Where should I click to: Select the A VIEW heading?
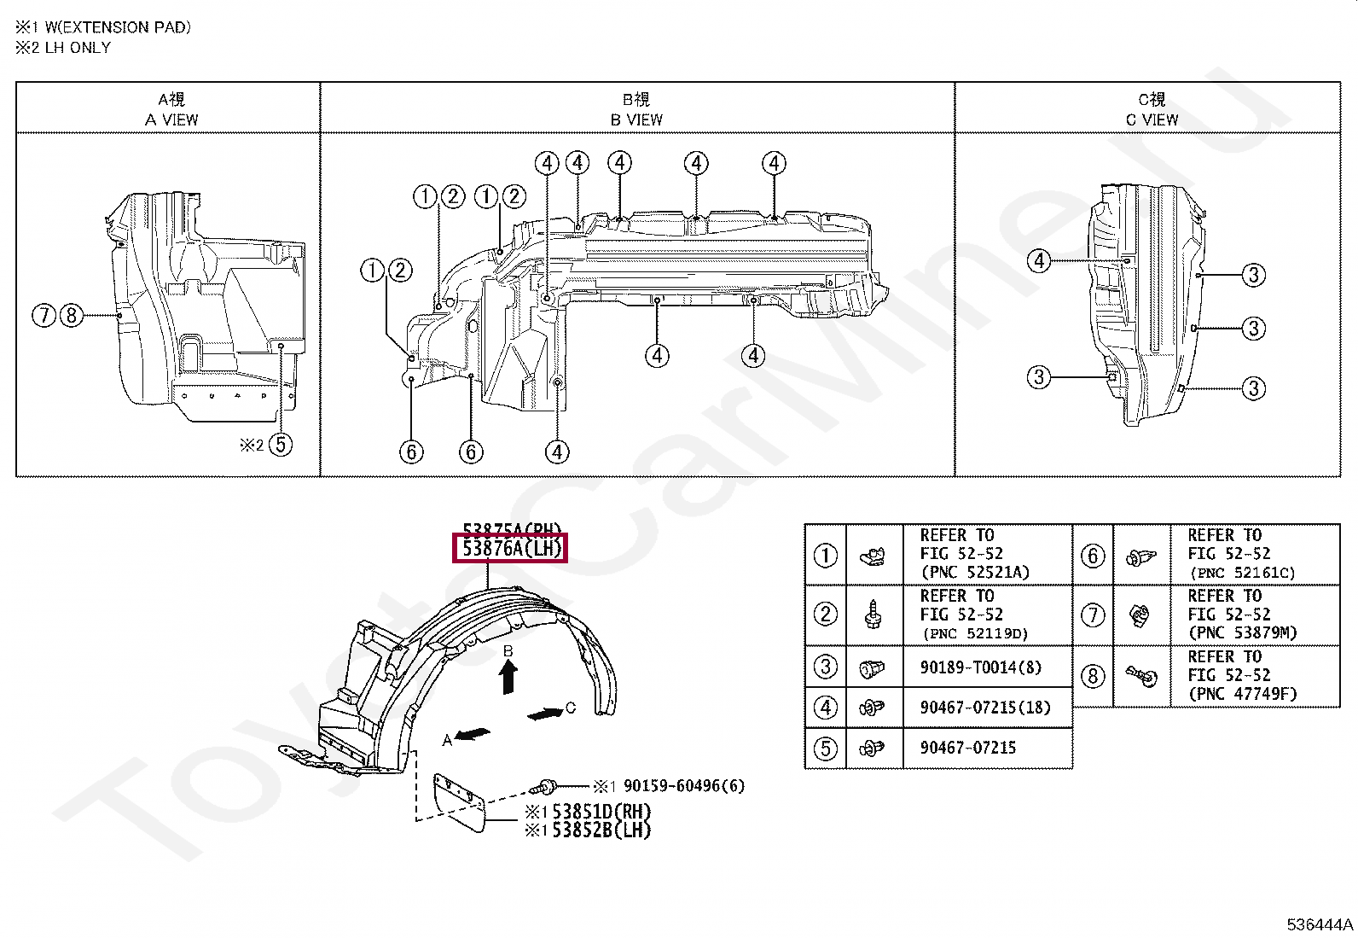click(171, 119)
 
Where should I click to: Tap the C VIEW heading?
click(1151, 119)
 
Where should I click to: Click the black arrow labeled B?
click(508, 678)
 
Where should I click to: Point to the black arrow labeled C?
click(545, 714)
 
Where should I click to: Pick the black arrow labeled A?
click(473, 734)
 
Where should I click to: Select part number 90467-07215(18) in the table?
click(985, 708)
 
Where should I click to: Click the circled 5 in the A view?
click(280, 445)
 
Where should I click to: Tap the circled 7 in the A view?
click(44, 316)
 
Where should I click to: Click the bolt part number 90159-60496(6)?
click(683, 786)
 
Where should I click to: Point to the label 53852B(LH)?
click(601, 830)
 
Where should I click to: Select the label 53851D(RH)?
click(601, 812)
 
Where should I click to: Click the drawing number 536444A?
click(1320, 924)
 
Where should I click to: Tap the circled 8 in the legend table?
click(1093, 677)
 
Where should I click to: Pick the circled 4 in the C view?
click(1038, 260)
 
